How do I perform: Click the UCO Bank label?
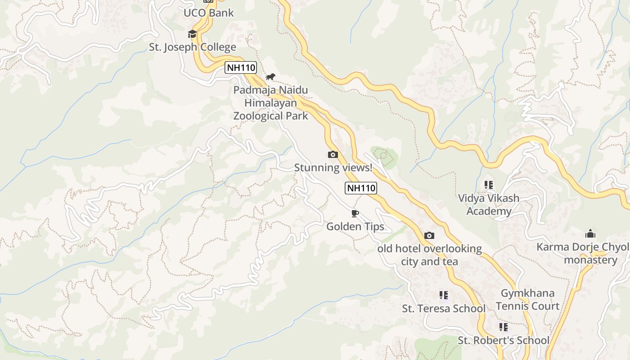pos(209,13)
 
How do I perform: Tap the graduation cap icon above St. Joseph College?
pos(192,34)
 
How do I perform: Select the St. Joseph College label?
pos(193,47)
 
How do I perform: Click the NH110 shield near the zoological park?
pos(241,68)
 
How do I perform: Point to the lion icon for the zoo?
pos(270,76)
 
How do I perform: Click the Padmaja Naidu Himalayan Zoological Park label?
pos(270,103)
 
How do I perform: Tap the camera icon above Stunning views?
pos(333,155)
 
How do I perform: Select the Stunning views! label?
pos(333,168)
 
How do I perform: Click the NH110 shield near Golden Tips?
pos(361,188)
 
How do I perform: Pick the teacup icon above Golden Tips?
pos(355,213)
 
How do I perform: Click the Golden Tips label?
pos(355,226)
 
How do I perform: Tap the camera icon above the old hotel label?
pos(429,236)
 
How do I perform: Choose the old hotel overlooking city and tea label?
pos(429,255)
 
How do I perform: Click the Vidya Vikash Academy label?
pos(489,205)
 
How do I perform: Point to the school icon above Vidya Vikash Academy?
pos(489,185)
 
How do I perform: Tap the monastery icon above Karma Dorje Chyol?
pos(590,234)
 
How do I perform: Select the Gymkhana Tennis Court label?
pos(527,300)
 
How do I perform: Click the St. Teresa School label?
pos(444,309)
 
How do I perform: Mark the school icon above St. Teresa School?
pos(444,295)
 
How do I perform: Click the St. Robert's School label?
pos(504,340)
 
